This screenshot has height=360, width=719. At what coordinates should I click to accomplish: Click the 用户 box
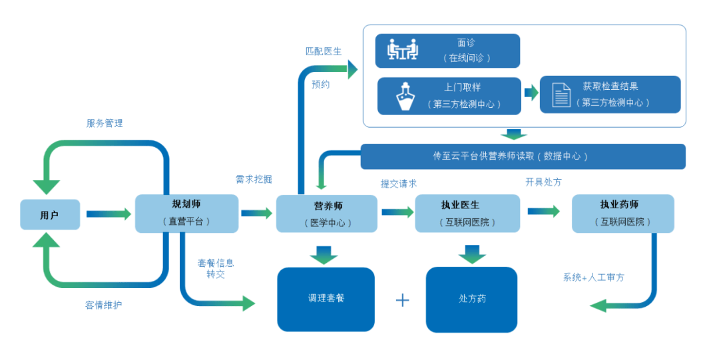tap(50, 215)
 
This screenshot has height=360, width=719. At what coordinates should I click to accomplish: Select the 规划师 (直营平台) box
tap(186, 213)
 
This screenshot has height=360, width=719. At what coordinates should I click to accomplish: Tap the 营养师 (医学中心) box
tap(327, 214)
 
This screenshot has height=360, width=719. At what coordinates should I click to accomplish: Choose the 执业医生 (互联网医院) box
tap(467, 213)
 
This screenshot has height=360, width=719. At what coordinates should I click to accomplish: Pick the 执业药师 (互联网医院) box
tap(622, 213)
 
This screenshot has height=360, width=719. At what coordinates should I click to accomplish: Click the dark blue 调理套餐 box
tap(326, 299)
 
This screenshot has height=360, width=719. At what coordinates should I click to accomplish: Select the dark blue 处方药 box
tap(472, 299)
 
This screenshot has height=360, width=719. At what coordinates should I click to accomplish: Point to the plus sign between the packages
tap(402, 300)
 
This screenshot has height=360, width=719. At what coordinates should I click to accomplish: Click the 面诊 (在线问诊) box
tap(447, 51)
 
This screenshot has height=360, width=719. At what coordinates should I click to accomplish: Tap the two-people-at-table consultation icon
tap(403, 49)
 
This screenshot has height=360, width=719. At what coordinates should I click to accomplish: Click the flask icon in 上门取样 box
tap(405, 96)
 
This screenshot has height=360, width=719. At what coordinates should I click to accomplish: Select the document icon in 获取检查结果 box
tap(561, 95)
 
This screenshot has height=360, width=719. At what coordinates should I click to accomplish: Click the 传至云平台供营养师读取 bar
tap(523, 156)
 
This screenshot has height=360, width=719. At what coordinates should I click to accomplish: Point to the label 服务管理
tap(105, 123)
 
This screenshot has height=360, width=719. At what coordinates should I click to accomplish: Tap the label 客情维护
tap(104, 305)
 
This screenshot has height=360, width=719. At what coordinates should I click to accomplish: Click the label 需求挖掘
tap(254, 179)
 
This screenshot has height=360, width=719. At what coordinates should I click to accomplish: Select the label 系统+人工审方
tap(593, 277)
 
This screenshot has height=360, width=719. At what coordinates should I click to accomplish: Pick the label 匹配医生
tap(324, 51)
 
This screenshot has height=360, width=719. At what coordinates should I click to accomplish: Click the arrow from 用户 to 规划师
tap(109, 214)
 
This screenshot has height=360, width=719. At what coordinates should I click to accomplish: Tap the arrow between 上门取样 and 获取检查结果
tap(531, 92)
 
